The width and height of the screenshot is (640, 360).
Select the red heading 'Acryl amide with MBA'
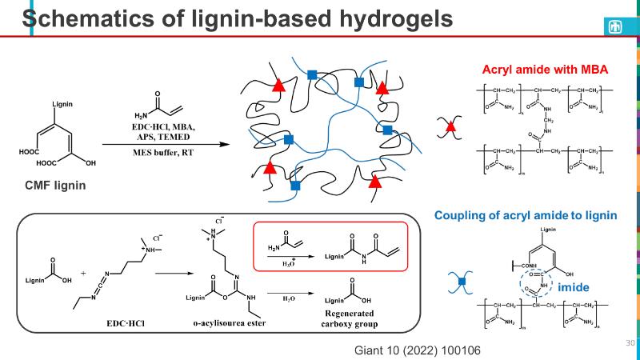(x=542, y=70)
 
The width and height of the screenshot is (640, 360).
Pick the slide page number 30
(x=628, y=342)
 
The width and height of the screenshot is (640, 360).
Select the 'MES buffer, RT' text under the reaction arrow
(x=166, y=151)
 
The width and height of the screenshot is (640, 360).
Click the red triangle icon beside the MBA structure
(x=450, y=126)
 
